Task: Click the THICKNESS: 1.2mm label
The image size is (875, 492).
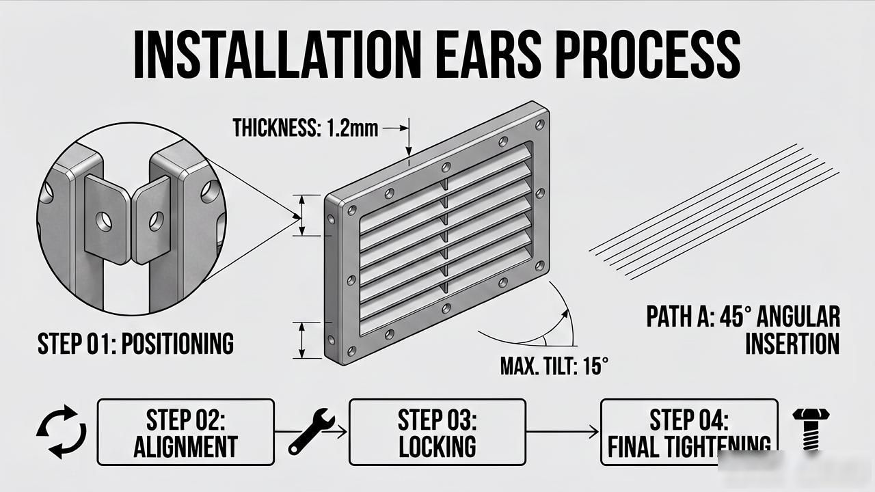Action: [x=305, y=128]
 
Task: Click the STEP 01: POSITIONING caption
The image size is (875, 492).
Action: [x=135, y=344]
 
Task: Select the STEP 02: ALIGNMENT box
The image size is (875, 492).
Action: [x=185, y=433]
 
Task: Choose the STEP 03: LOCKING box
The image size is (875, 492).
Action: [x=437, y=433]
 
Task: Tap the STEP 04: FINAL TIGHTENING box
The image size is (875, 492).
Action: [x=689, y=433]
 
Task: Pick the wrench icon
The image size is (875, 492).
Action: [x=311, y=431]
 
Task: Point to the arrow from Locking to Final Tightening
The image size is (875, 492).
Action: [x=563, y=432]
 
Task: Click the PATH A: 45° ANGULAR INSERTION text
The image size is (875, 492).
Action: [x=742, y=330]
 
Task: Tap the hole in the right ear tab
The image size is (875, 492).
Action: [x=157, y=221]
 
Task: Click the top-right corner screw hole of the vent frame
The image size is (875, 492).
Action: [x=540, y=124]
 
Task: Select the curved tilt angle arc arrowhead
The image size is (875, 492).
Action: [x=565, y=315]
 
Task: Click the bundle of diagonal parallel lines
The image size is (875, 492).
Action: [x=714, y=212]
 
